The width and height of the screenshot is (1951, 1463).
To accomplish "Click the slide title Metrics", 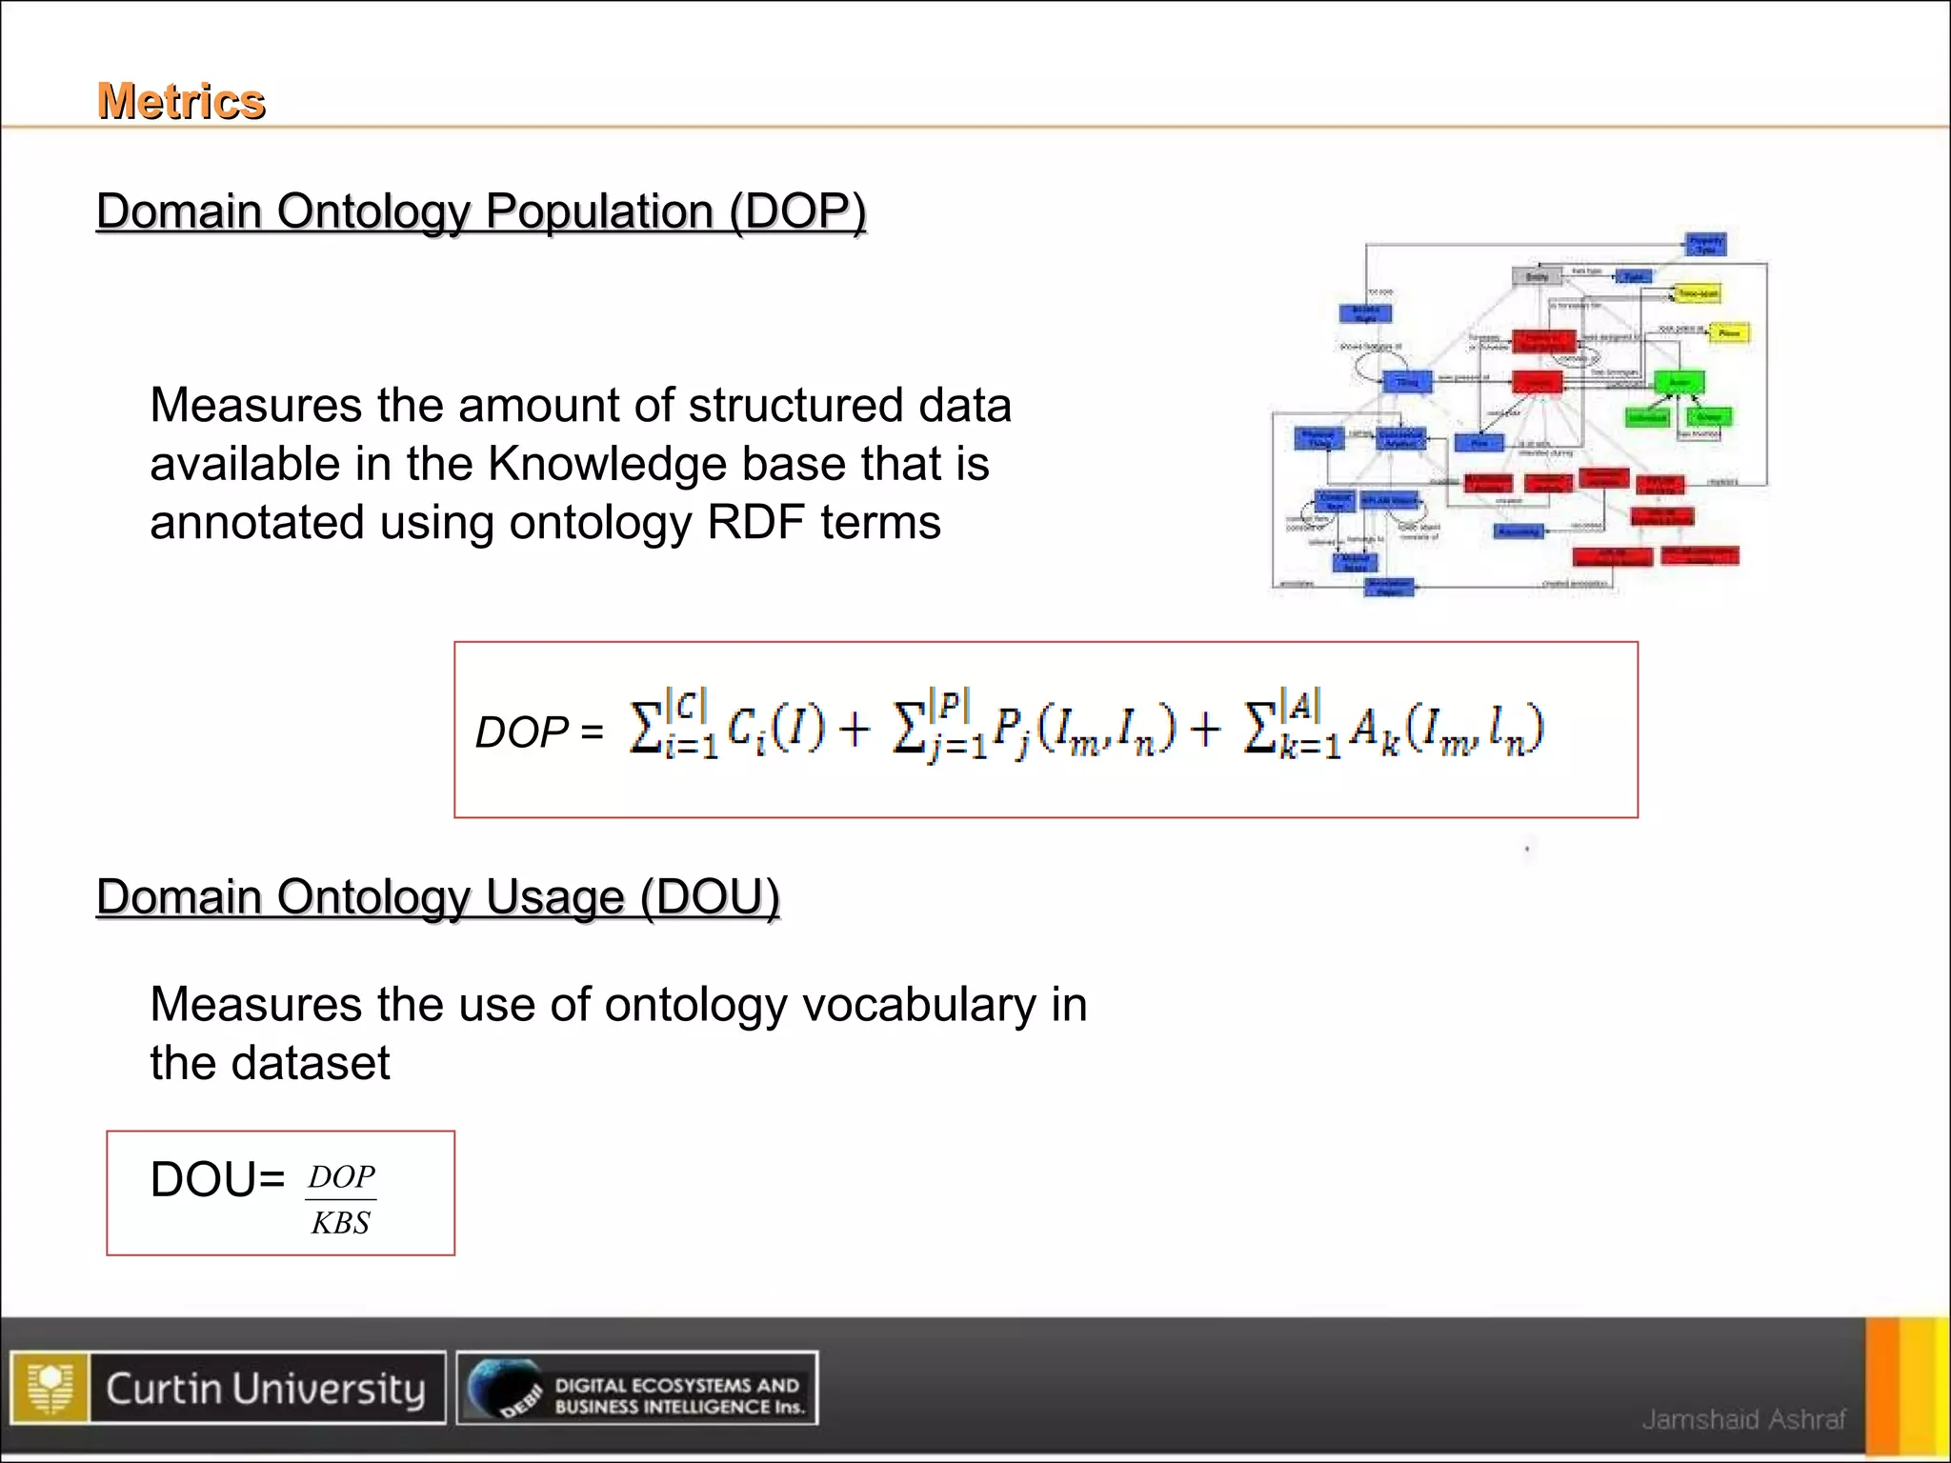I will (181, 101).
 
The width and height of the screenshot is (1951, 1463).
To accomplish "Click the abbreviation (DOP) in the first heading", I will (797, 211).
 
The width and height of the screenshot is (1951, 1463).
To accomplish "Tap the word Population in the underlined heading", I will (599, 211).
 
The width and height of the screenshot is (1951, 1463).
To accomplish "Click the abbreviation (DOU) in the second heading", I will (710, 897).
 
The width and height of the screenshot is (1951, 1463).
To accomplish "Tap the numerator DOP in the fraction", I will (341, 1177).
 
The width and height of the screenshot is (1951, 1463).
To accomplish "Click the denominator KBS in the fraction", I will (340, 1223).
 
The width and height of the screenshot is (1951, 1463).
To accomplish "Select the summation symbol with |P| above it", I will (909, 729).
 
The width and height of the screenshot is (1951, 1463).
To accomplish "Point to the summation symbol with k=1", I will (1261, 729).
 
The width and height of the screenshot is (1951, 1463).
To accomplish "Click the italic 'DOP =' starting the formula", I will (538, 732).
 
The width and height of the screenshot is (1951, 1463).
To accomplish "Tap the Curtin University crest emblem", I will (50, 1388).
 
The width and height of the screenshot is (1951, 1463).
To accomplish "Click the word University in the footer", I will (329, 1389).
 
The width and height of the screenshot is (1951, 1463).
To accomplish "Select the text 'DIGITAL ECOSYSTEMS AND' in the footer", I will (676, 1384).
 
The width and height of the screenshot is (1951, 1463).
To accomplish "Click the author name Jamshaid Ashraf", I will (1743, 1419).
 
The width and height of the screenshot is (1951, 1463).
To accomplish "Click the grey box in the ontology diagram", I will (1537, 277).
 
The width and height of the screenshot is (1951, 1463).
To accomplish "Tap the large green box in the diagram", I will (1679, 383).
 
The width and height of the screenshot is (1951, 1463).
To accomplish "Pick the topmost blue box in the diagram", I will (1705, 244).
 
